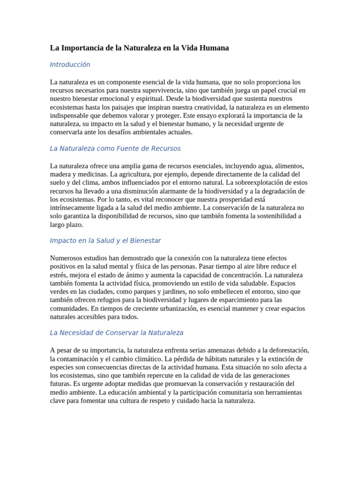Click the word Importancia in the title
pos(83,48)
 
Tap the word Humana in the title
pos(213,48)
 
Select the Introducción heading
pos(70,65)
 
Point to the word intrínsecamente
pos(73,208)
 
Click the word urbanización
pos(170,308)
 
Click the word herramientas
pos(279,392)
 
